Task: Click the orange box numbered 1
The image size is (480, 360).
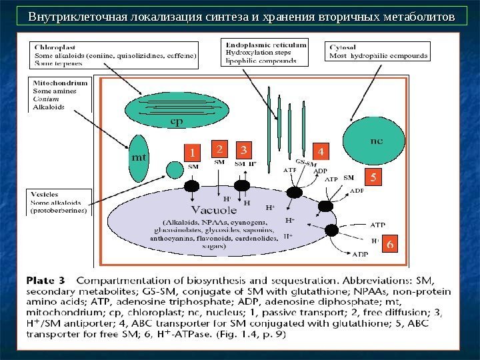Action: tap(193, 151)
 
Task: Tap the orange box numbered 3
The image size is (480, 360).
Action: tap(245, 149)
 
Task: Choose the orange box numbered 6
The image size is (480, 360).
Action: tap(389, 244)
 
